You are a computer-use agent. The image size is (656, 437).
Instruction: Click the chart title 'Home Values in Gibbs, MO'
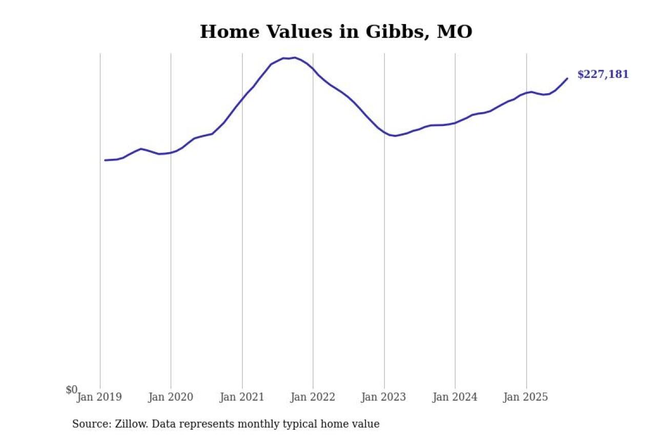coord(336,32)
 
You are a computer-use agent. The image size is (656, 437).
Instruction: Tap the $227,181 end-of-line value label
coord(603,75)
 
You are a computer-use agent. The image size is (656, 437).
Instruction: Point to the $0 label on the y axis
coord(72,390)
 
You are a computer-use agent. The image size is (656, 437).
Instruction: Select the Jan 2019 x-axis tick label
coord(99,397)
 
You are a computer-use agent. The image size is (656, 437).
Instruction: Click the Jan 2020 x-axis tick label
coord(171,397)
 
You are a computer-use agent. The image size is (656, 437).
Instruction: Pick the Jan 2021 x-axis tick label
coord(242,397)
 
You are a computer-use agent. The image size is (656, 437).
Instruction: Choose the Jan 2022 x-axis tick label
coord(313,397)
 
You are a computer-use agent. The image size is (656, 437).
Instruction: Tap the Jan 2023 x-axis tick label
coord(384,397)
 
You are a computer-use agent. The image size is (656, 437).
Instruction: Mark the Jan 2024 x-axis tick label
coord(455,397)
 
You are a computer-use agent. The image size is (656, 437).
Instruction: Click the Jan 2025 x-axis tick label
coord(526,397)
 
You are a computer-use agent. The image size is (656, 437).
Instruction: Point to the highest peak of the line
coord(295,57)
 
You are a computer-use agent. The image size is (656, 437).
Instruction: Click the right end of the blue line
coord(567,78)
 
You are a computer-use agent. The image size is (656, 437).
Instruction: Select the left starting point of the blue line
coord(105,160)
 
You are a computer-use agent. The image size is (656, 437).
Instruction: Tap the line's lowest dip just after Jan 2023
coord(395,136)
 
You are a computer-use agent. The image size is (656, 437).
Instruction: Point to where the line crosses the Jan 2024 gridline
coord(455,123)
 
